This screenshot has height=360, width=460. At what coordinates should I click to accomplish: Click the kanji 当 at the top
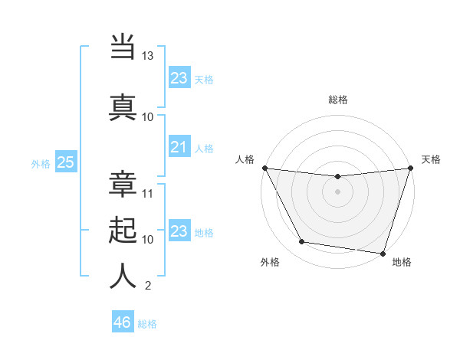(123, 47)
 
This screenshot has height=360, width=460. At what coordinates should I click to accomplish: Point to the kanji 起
(123, 231)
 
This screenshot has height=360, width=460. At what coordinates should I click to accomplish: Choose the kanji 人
(123, 276)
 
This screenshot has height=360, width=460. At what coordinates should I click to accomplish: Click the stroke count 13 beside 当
(148, 56)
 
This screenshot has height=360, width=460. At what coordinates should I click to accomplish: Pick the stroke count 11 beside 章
(148, 193)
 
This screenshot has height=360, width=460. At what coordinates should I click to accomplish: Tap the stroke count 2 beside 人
(148, 286)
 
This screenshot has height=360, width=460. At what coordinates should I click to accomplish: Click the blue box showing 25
(65, 162)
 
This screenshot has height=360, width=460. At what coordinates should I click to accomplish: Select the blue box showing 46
(123, 322)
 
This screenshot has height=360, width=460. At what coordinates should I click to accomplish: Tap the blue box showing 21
(179, 147)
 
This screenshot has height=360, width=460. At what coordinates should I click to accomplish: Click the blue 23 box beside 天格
(179, 78)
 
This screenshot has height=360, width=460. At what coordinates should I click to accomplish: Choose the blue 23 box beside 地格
(179, 231)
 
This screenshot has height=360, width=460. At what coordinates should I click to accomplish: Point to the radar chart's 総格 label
(337, 100)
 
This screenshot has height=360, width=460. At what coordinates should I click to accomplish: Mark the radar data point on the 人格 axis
(264, 168)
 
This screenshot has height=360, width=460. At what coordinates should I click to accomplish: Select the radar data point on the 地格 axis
(383, 253)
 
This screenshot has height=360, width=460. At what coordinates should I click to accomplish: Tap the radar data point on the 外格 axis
(302, 242)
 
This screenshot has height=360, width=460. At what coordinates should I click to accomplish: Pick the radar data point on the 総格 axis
(337, 177)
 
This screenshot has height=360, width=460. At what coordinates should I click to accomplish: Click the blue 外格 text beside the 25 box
(41, 163)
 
